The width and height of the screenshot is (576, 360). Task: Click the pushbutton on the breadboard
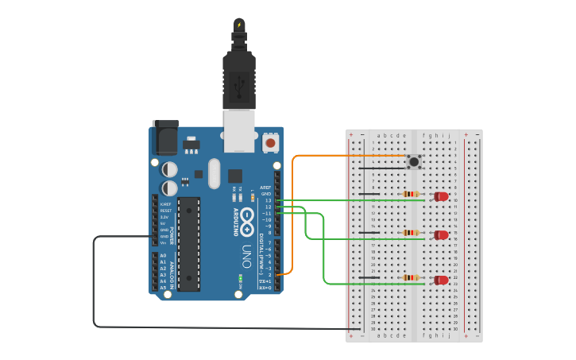pyautogui.click(x=414, y=162)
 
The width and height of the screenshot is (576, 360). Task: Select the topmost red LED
pyautogui.click(x=441, y=195)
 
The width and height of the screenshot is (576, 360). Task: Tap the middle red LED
pyautogui.click(x=441, y=234)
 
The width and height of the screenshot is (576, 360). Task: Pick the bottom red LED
pyautogui.click(x=441, y=280)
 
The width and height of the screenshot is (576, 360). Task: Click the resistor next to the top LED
pyautogui.click(x=411, y=194)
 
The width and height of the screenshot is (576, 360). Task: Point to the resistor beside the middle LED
pyautogui.click(x=411, y=233)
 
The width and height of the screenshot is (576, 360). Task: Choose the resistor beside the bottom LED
pyautogui.click(x=411, y=277)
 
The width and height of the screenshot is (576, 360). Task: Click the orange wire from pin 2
pyautogui.click(x=293, y=215)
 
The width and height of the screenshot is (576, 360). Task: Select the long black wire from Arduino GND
pyautogui.click(x=94, y=286)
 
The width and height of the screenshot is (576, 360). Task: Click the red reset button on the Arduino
pyautogui.click(x=271, y=143)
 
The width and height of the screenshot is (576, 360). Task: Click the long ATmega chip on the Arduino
pyautogui.click(x=188, y=234)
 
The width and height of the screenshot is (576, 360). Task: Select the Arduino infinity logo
pyautogui.click(x=247, y=219)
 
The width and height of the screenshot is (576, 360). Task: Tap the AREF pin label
pyautogui.click(x=265, y=188)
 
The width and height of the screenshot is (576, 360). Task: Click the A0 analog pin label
pyautogui.click(x=163, y=256)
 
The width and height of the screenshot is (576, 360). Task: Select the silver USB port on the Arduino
pyautogui.click(x=238, y=130)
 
